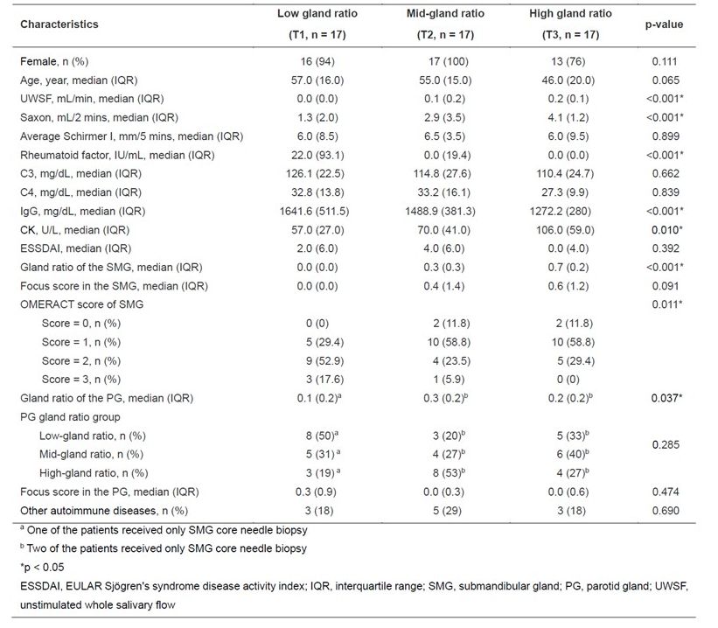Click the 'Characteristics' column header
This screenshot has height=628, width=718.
[59, 24]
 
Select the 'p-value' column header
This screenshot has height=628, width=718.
[664, 24]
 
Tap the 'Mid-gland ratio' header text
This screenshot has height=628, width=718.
[446, 15]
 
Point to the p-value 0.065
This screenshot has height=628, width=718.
[664, 79]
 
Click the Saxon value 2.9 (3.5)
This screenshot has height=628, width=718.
[446, 116]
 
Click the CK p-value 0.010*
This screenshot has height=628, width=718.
[665, 229]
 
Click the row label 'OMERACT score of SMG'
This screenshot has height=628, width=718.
[81, 304]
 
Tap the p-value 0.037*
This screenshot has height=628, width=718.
[665, 398]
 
